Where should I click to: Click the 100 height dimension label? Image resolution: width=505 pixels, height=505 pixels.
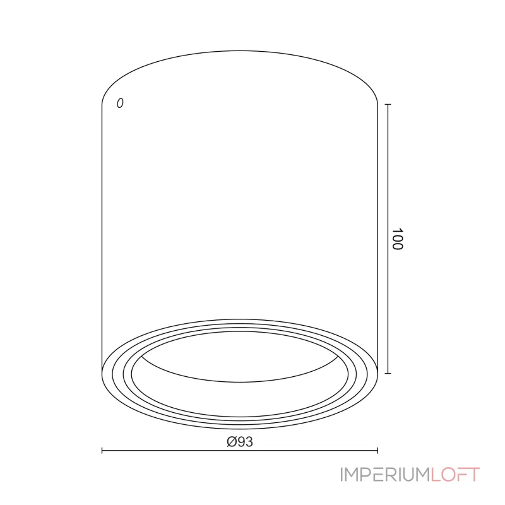[x=398, y=239]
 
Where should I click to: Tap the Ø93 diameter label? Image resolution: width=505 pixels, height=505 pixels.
[x=240, y=441]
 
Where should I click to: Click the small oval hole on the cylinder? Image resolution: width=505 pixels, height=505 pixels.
[x=120, y=103]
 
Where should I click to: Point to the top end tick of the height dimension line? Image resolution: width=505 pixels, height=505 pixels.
[x=388, y=104]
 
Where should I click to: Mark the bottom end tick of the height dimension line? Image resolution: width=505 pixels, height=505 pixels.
[x=388, y=373]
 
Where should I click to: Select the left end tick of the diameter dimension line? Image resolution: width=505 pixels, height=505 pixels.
[x=102, y=450]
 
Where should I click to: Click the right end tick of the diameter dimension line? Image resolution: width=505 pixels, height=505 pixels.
[x=377, y=450]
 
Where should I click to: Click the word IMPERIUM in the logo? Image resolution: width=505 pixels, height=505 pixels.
[x=386, y=475]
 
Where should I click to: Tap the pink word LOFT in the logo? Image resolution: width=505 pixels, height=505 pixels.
[x=455, y=475]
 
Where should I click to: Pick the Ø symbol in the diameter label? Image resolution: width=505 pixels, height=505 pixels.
[x=232, y=441]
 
